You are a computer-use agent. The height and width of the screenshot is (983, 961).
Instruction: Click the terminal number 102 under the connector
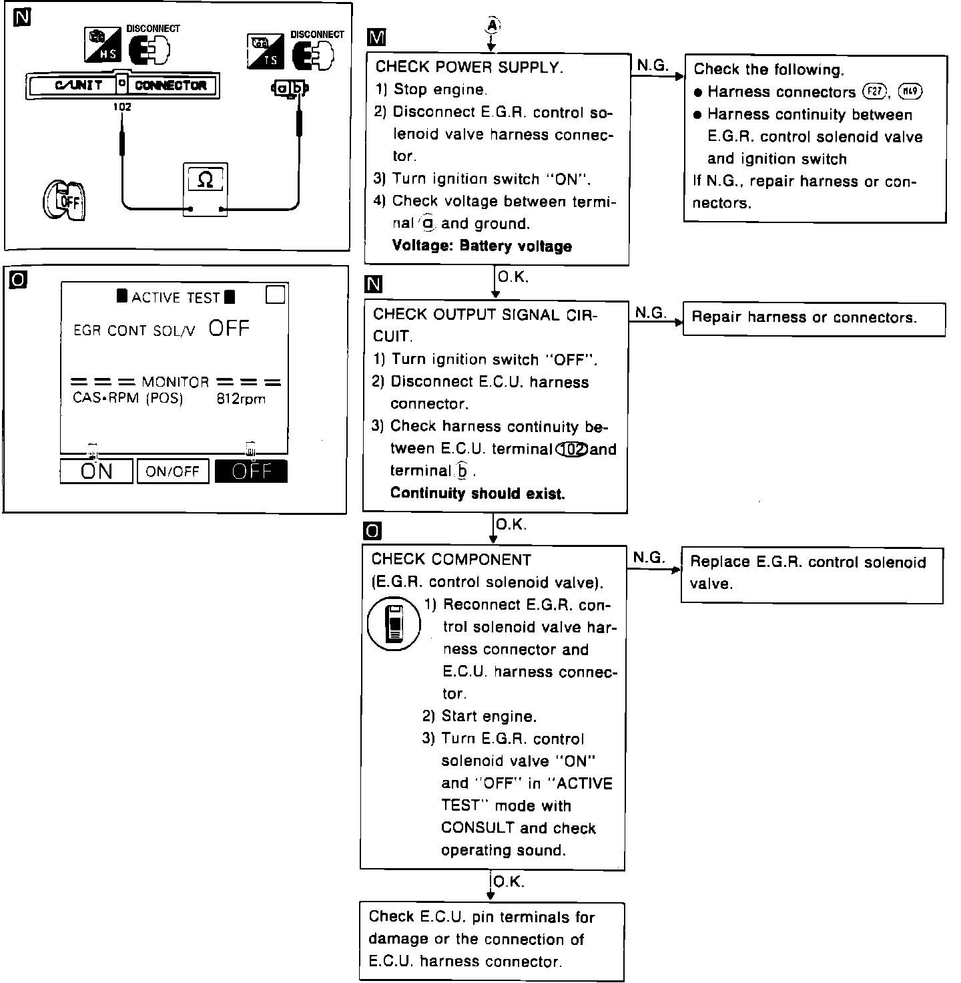click(x=123, y=107)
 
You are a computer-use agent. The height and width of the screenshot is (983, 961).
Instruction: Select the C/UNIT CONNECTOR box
click(x=123, y=85)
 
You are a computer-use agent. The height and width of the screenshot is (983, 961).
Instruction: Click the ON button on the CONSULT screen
click(x=96, y=471)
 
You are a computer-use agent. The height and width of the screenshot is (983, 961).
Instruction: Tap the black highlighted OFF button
click(x=251, y=471)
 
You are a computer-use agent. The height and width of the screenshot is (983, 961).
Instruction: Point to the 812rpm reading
click(x=241, y=399)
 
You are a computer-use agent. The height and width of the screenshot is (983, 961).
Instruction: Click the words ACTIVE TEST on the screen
click(x=176, y=297)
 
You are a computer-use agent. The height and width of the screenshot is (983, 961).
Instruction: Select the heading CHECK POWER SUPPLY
click(x=469, y=67)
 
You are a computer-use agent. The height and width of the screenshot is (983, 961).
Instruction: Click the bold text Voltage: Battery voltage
click(x=482, y=246)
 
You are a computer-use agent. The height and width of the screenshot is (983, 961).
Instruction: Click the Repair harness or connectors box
click(x=814, y=319)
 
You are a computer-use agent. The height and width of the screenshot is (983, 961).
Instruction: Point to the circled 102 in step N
click(x=572, y=449)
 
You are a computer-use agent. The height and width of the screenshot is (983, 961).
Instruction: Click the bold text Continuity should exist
click(x=477, y=494)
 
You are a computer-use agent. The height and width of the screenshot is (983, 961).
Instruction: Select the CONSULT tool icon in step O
click(x=394, y=624)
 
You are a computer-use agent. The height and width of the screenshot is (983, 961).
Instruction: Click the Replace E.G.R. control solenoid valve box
click(x=812, y=574)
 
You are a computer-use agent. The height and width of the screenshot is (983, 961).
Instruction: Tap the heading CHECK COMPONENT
click(x=451, y=560)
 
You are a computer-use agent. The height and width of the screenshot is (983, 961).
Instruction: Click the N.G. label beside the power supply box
click(x=652, y=65)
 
